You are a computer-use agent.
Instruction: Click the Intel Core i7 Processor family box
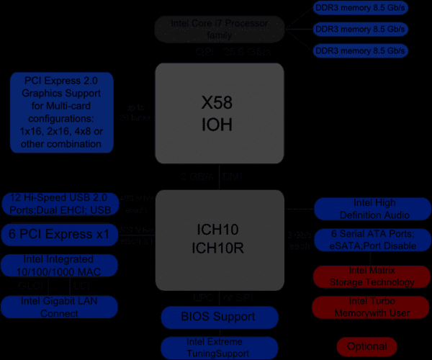pos(220,29)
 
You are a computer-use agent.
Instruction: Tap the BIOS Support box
pos(219,317)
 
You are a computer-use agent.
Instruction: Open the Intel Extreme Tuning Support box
pos(219,348)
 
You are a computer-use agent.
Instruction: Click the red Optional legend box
pos(366,346)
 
